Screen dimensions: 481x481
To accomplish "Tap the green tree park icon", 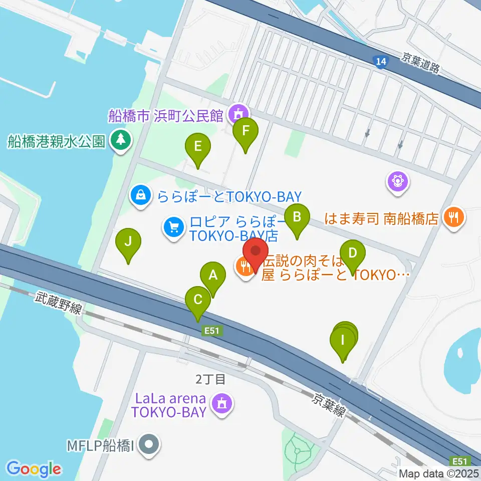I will (120, 140).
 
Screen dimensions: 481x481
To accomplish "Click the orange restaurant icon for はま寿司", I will (454, 218).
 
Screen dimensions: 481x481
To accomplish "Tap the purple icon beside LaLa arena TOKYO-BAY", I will (220, 403).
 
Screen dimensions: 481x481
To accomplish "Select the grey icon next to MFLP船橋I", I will (148, 444).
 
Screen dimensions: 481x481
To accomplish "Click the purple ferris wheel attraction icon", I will (398, 180).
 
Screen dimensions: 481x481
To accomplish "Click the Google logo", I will (34, 469).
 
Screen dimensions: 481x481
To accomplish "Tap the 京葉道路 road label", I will (420, 64).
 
